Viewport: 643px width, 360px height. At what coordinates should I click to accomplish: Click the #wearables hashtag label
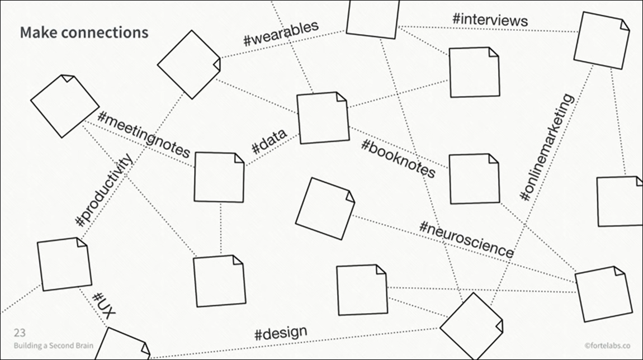(x=281, y=33)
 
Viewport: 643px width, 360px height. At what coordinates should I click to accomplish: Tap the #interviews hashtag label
(x=490, y=19)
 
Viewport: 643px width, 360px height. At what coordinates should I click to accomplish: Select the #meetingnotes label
(x=144, y=135)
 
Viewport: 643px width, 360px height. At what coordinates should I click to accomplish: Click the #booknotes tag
(x=398, y=158)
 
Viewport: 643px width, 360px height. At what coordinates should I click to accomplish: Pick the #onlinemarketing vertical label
(x=547, y=148)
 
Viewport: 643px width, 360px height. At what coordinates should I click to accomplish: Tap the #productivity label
(x=105, y=190)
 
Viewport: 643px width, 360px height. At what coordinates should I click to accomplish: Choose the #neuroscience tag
(x=466, y=239)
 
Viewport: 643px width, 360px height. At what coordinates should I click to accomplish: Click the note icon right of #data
(x=323, y=118)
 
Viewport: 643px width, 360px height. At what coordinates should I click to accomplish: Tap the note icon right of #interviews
(x=602, y=40)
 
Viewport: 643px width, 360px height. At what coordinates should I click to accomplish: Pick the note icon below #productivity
(x=64, y=264)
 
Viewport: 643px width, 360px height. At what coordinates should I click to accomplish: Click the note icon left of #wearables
(x=189, y=64)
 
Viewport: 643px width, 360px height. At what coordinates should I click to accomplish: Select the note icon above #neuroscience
(x=324, y=208)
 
